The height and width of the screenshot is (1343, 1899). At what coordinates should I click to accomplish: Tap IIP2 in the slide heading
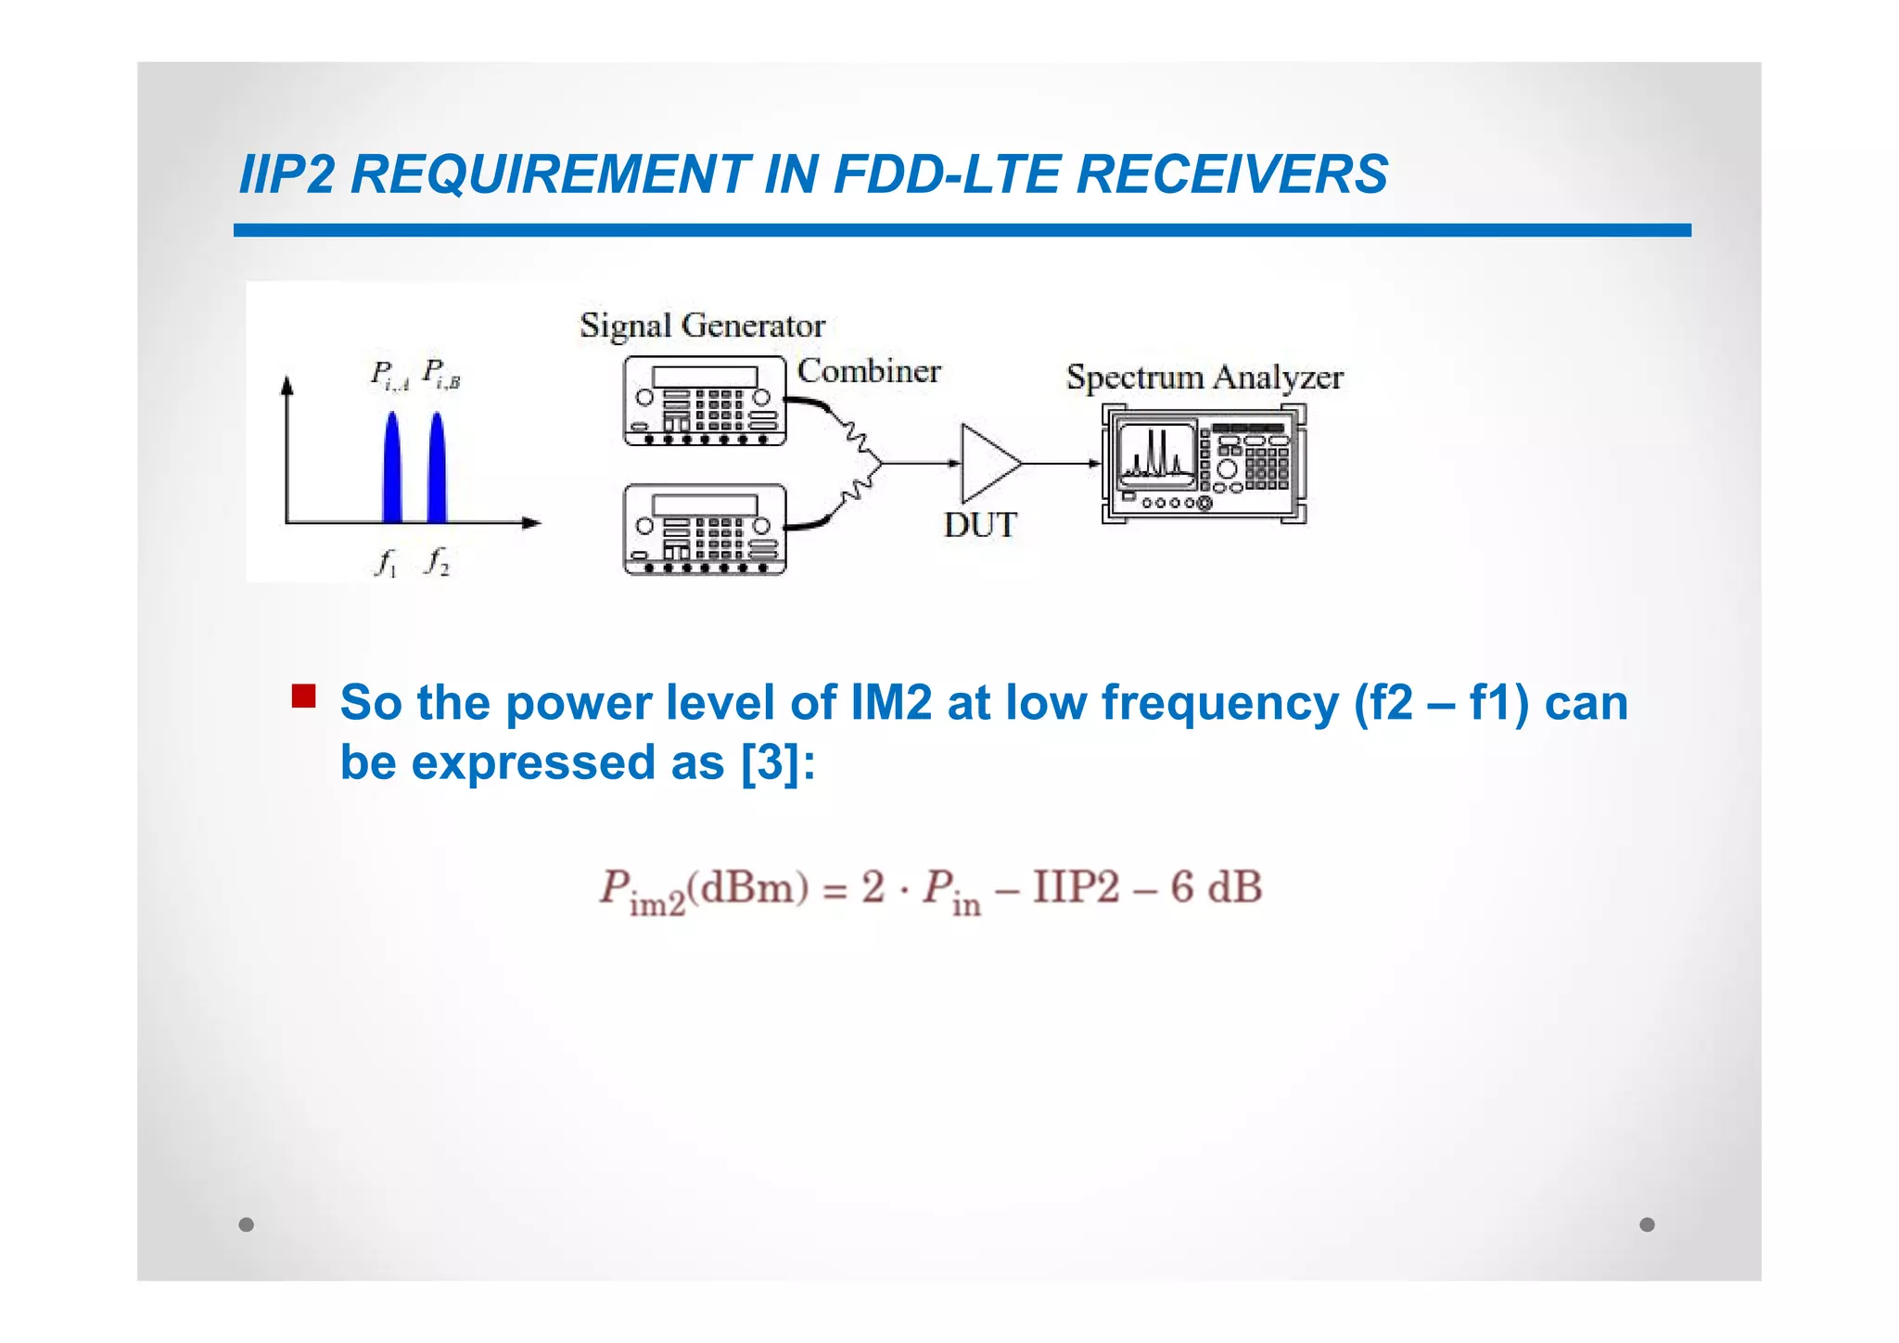(x=287, y=174)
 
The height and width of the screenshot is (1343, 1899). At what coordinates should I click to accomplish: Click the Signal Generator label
(x=702, y=326)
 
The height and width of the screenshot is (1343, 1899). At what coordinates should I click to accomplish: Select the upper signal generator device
(x=705, y=401)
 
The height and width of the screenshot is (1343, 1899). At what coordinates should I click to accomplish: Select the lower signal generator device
(x=705, y=529)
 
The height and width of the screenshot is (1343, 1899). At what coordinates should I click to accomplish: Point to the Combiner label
(x=869, y=371)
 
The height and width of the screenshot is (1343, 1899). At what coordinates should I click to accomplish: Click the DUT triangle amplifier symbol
(x=988, y=463)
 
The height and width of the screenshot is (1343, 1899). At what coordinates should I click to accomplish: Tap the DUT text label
(x=980, y=525)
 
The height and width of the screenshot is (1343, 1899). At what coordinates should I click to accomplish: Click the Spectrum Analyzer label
(x=1204, y=377)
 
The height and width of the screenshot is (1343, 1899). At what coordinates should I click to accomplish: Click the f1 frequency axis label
(x=386, y=562)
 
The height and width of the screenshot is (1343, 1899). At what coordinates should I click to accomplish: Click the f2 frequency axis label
(x=437, y=561)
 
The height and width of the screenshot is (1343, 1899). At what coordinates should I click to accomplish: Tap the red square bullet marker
(x=303, y=696)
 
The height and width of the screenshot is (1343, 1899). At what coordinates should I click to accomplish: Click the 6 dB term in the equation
(x=1216, y=887)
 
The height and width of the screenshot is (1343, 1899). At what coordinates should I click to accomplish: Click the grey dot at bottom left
(x=246, y=1224)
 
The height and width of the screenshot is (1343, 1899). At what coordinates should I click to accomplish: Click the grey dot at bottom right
(x=1647, y=1224)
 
